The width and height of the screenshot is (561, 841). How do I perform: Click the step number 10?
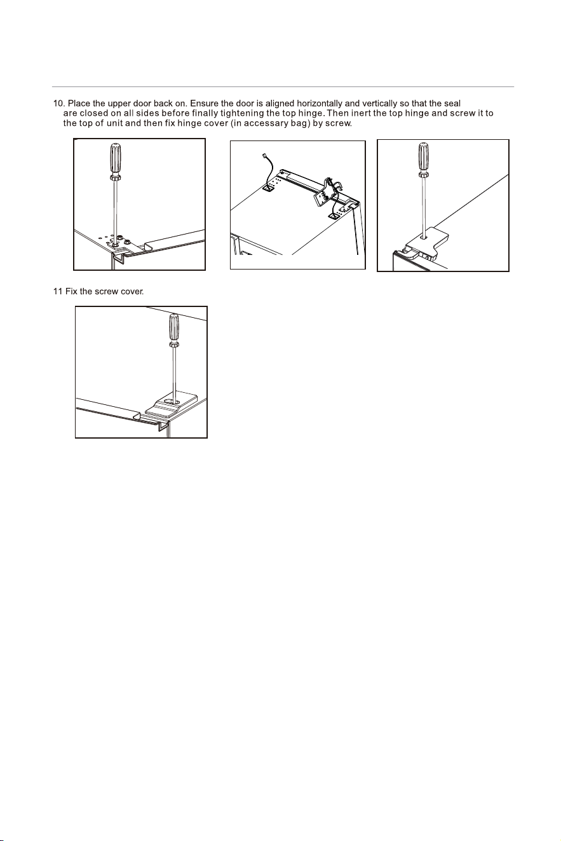pyautogui.click(x=59, y=103)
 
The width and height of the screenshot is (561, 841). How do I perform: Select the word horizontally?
pyautogui.click(x=320, y=103)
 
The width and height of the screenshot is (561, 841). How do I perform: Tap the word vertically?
pyautogui.click(x=379, y=103)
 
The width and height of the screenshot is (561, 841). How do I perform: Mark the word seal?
pyautogui.click(x=452, y=103)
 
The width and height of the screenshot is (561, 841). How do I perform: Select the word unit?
pyautogui.click(x=114, y=123)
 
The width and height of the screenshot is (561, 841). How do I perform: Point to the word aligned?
pyautogui.click(x=280, y=104)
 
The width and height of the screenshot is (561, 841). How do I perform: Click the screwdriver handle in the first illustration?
pyautogui.click(x=115, y=158)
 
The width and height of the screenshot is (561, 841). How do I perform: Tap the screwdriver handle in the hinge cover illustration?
pyautogui.click(x=424, y=158)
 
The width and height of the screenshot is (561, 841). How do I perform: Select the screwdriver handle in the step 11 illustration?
pyautogui.click(x=173, y=328)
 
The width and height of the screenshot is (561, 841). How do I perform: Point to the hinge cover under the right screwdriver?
pyautogui.click(x=428, y=244)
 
